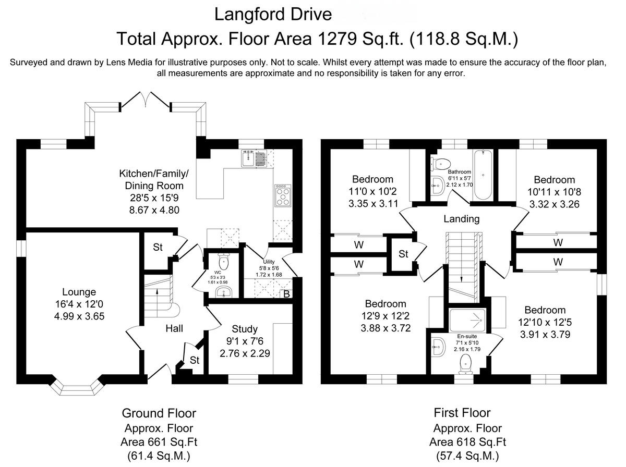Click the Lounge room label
click(x=79, y=292)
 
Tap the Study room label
click(x=245, y=329)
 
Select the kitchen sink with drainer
click(x=254, y=158)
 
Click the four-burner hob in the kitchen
click(x=283, y=195)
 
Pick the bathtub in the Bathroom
click(x=483, y=175)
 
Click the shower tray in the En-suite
click(x=467, y=320)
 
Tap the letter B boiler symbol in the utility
click(x=286, y=294)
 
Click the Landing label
click(x=462, y=219)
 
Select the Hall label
click(x=174, y=328)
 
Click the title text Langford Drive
click(x=273, y=15)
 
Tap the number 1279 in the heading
click(x=337, y=39)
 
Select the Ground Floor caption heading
click(x=159, y=413)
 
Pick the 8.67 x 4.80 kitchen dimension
click(x=154, y=210)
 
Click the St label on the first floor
click(x=403, y=254)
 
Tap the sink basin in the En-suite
click(x=438, y=347)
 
